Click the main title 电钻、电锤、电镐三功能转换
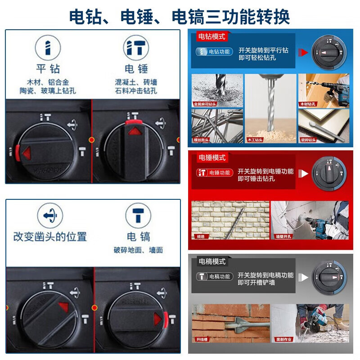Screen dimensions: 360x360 pos(180,16)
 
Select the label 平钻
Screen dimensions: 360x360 pos(48,69)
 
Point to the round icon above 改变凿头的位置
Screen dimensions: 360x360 pos(49,216)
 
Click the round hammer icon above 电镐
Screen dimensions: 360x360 pos(138,216)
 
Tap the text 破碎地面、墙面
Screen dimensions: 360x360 pos(138,250)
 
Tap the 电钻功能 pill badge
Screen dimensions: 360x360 pos(214,52)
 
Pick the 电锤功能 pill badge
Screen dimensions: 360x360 pos(215,172)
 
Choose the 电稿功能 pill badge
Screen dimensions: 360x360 pos(215,276)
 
